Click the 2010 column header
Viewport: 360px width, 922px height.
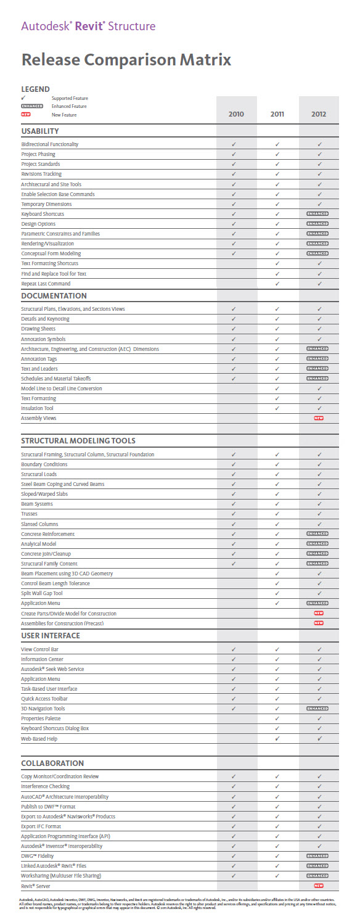236,114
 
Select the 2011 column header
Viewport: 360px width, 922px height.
277,114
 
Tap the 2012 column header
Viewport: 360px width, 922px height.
319,114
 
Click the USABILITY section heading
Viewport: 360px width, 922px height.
40,131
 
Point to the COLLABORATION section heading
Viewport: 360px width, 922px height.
52,763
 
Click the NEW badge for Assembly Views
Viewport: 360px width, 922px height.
319,418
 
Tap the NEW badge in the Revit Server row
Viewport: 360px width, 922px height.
319,886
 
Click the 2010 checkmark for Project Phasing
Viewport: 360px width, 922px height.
234,154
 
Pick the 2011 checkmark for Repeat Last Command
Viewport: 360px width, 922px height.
277,284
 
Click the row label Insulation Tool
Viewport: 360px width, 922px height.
37,408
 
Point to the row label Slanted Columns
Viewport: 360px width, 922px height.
39,524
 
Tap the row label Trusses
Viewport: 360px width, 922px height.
29,514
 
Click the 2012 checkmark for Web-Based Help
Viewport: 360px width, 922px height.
319,738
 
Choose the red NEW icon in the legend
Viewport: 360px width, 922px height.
26,114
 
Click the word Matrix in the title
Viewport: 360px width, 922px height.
203,60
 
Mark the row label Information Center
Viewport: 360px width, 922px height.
42,659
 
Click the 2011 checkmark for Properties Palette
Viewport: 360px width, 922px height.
277,718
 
